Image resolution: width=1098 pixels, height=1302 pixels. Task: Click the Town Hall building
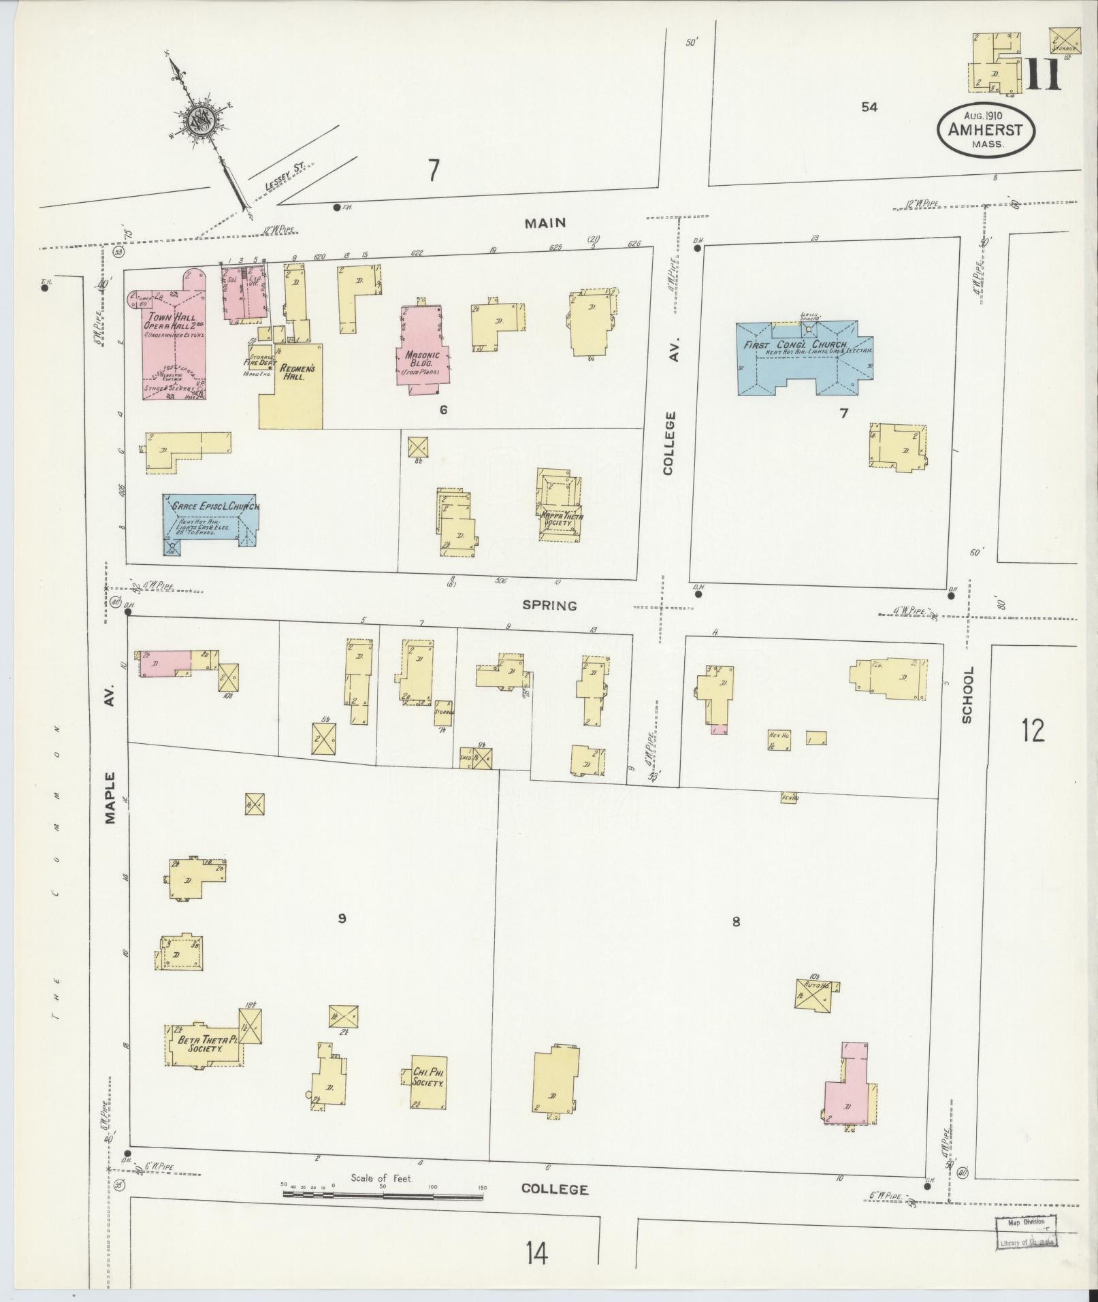tap(174, 340)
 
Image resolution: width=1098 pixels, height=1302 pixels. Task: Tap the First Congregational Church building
tap(803, 357)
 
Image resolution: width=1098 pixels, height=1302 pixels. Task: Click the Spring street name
tap(549, 605)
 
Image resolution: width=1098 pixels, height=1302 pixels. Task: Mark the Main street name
tap(545, 223)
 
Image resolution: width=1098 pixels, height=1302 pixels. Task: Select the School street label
tap(967, 694)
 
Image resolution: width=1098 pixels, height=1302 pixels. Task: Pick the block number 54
tap(869, 107)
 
